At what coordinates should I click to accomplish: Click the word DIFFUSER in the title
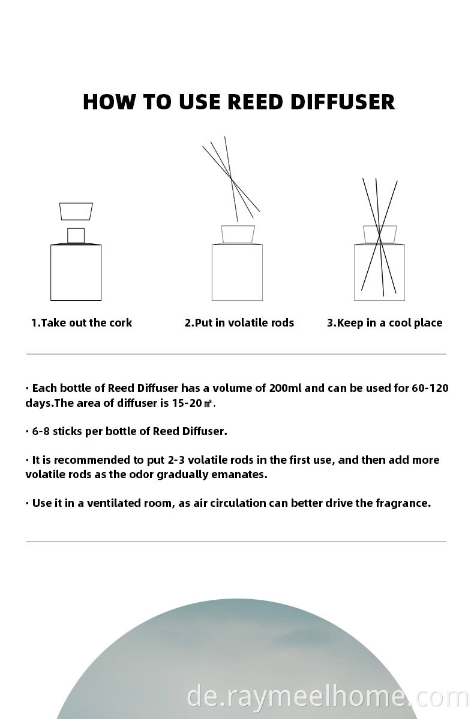click(343, 102)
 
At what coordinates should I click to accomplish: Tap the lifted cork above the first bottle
click(76, 211)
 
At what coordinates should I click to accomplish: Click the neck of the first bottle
click(76, 235)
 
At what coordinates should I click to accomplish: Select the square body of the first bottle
click(76, 273)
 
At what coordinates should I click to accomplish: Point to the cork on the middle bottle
click(238, 234)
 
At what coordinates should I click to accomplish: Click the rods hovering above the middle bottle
click(231, 179)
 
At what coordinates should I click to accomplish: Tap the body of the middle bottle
click(237, 273)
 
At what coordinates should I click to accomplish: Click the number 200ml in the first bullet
click(286, 388)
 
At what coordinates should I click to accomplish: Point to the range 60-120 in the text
click(430, 388)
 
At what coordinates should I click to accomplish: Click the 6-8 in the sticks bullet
click(41, 431)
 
